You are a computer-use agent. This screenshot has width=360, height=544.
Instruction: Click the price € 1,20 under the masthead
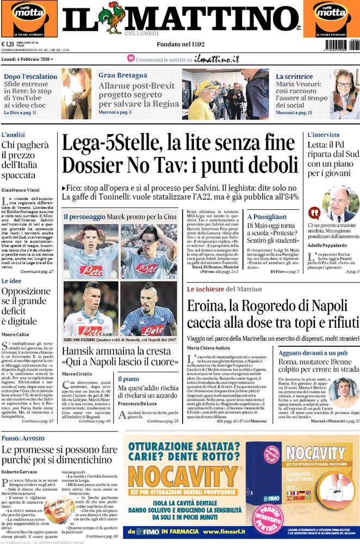click(x=8, y=45)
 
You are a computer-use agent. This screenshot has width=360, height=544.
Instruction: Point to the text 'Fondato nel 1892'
click(x=180, y=44)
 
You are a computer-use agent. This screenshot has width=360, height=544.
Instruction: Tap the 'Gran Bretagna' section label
click(x=123, y=76)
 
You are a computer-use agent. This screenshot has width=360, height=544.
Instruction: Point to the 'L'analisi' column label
click(x=14, y=134)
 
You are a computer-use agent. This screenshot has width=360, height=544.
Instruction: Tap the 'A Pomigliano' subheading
click(x=267, y=216)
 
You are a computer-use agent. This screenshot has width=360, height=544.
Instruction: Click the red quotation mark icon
click(x=314, y=212)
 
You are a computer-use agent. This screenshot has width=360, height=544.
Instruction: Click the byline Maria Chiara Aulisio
click(x=209, y=347)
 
